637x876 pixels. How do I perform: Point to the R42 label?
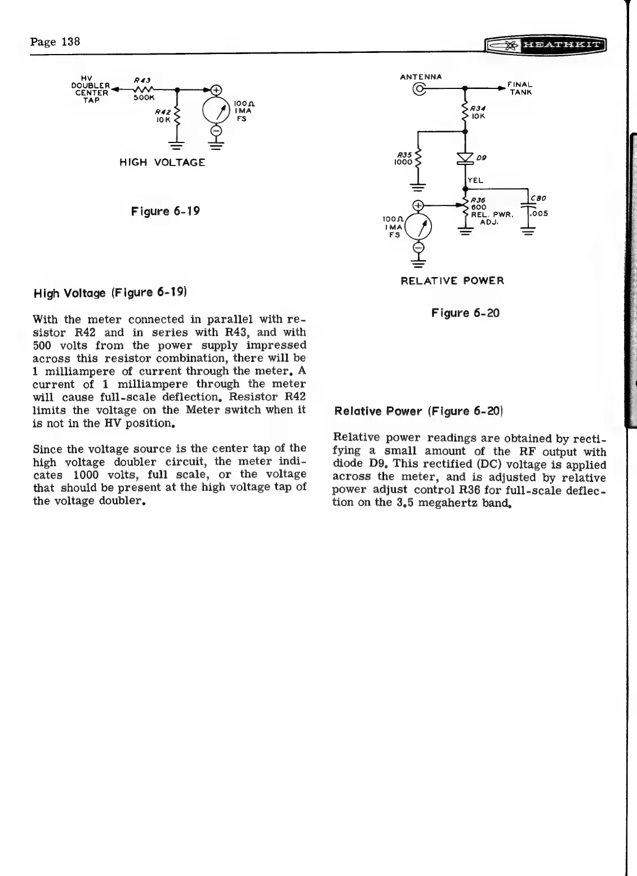pyautogui.click(x=164, y=112)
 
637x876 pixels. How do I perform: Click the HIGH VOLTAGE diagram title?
pyautogui.click(x=162, y=163)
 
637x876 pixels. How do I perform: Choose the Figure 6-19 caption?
pyautogui.click(x=166, y=212)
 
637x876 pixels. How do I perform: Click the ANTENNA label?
pyautogui.click(x=421, y=77)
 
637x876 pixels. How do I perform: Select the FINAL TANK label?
pyautogui.click(x=520, y=88)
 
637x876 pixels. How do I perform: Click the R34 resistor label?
pyautogui.click(x=479, y=109)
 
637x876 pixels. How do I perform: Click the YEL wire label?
pyautogui.click(x=476, y=181)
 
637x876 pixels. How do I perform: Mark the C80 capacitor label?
pyautogui.click(x=538, y=199)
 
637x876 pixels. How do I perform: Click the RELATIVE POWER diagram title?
pyautogui.click(x=452, y=281)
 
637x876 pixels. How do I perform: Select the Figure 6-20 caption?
pyautogui.click(x=465, y=313)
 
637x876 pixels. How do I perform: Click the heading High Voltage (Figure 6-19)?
pyautogui.click(x=110, y=293)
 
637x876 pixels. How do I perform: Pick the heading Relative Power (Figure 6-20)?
pyautogui.click(x=418, y=411)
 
